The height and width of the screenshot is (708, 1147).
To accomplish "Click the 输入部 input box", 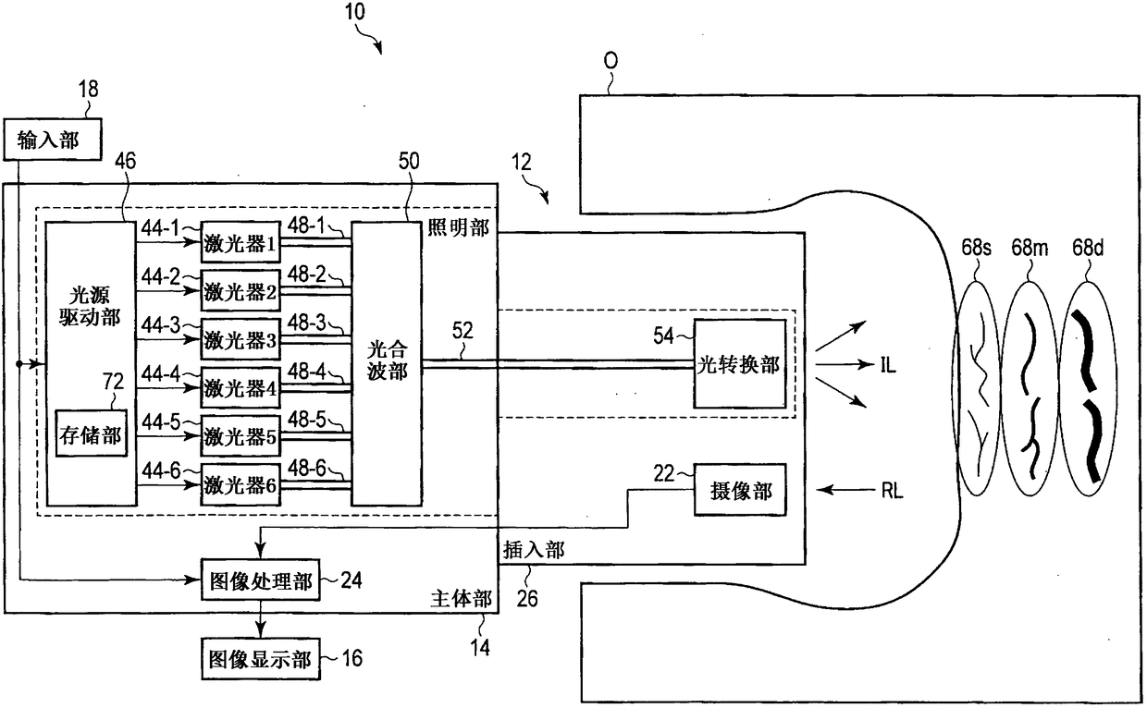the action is [52, 140].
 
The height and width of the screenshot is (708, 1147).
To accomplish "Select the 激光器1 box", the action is [240, 242].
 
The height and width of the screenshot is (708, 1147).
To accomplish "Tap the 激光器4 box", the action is [240, 388].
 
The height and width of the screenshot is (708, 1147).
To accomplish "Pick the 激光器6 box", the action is [240, 485].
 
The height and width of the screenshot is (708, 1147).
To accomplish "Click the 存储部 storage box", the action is [91, 433].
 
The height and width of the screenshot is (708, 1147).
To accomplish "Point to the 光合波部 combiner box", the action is [387, 364].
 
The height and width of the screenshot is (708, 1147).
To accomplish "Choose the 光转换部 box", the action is [739, 364].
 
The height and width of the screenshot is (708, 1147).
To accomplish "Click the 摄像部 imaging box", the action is [740, 490].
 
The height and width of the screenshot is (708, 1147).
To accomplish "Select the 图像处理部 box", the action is [261, 580].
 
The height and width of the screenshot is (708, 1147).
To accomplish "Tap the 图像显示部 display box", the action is [261, 659].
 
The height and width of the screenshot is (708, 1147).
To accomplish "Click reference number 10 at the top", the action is [354, 11].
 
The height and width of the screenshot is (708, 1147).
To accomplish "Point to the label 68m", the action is [1030, 249].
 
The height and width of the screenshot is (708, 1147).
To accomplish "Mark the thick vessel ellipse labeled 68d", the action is [1088, 389].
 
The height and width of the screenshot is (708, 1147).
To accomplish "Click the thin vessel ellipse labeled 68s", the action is [976, 389].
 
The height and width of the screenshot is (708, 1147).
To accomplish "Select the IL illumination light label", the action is [888, 365].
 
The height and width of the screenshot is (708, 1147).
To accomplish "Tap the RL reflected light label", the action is [892, 491].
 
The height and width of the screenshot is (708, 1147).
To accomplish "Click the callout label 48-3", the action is [306, 323].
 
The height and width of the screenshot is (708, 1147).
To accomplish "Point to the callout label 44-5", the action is [161, 422].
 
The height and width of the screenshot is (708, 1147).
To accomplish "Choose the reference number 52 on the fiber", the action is [462, 332].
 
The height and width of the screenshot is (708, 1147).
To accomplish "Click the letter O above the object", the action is [610, 61].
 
